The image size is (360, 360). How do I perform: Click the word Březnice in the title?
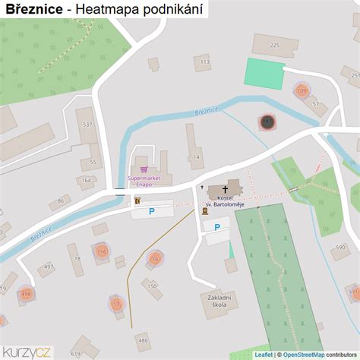tap(33, 9)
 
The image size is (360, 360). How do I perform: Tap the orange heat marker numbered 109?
tap(302, 91)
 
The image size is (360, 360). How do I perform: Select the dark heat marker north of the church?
tap(267, 121)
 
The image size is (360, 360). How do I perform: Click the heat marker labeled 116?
tap(102, 251)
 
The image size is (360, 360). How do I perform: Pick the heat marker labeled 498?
tap(27, 293)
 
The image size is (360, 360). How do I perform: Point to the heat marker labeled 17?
tap(116, 303)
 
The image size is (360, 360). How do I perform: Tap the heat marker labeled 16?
tap(155, 258)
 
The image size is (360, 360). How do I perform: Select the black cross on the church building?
tap(226, 188)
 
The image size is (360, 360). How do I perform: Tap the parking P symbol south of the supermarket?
tap(151, 211)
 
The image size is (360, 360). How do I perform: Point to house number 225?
tap(274, 46)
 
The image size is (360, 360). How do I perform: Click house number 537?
tap(87, 124)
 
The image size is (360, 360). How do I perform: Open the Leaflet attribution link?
tap(264, 354)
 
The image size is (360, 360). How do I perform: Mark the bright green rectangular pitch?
tap(264, 73)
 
